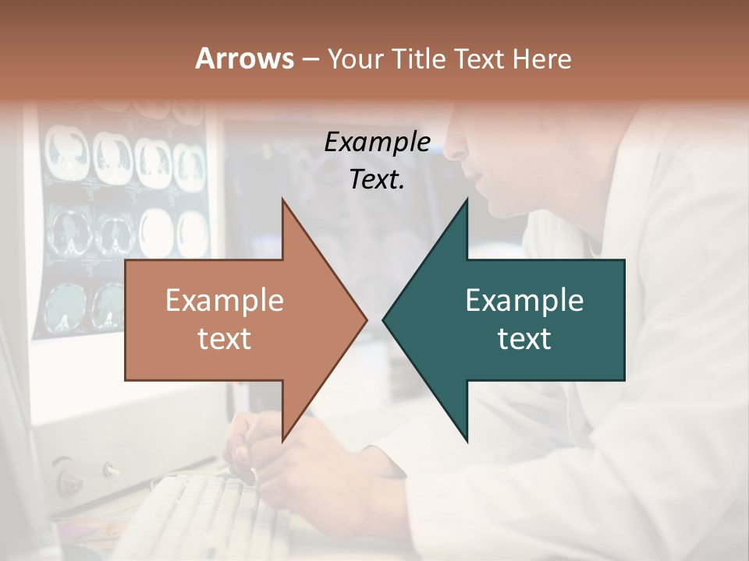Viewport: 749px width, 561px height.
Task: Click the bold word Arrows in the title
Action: point(244,58)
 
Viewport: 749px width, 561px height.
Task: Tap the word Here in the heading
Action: point(541,59)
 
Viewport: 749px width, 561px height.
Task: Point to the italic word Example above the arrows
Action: point(378,143)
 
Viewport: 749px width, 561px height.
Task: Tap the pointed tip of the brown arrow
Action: point(366,319)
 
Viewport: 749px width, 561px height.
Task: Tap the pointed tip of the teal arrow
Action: point(384,319)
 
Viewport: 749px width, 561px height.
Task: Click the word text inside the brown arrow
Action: point(225,339)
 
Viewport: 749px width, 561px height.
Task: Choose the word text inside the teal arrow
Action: point(524,339)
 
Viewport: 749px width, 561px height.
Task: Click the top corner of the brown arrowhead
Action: point(283,200)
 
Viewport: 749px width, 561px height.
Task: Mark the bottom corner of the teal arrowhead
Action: point(467,440)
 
